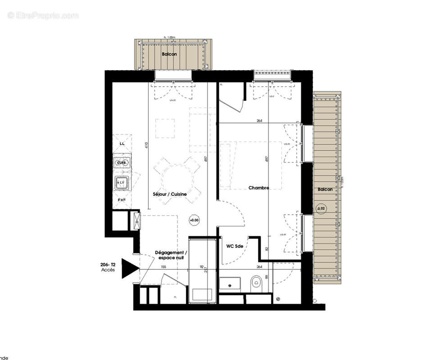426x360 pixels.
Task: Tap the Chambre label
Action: tap(259, 188)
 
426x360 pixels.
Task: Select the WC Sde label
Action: tap(235, 246)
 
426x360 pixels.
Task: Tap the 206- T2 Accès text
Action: tap(108, 268)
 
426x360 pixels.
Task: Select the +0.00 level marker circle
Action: tap(194, 220)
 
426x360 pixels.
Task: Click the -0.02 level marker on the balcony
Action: tap(320, 208)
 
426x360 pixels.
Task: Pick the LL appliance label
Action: tap(122, 144)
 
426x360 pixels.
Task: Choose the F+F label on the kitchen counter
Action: tap(122, 199)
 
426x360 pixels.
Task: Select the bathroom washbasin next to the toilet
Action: tap(232, 285)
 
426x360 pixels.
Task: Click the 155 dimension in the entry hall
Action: tap(163, 267)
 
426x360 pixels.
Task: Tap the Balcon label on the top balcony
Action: tap(169, 54)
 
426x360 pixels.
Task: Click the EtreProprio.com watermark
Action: tap(43, 16)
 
